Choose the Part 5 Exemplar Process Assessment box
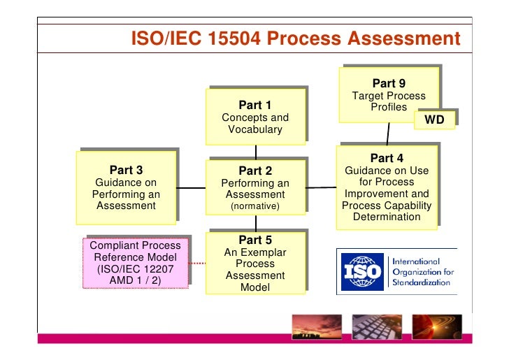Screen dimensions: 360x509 [x=255, y=263]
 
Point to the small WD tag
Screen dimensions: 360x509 [x=434, y=120]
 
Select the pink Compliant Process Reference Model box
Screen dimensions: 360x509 [x=136, y=263]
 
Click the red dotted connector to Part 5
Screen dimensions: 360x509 [x=198, y=264]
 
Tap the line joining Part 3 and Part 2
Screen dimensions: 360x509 [x=191, y=187]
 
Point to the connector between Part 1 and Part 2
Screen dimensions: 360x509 [x=256, y=151]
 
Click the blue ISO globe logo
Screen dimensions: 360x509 [x=362, y=270]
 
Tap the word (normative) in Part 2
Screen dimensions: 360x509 [x=255, y=207]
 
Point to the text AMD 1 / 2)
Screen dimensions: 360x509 [x=135, y=280]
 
